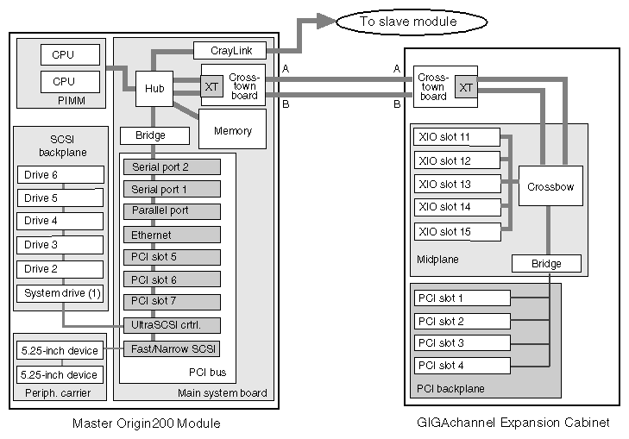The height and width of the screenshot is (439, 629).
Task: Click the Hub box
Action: click(154, 88)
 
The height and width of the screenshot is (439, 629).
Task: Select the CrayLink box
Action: click(229, 51)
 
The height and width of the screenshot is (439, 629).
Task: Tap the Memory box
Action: click(232, 130)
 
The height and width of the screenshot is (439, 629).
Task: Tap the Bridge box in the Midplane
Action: click(546, 263)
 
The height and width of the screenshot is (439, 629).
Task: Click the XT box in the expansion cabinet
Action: click(466, 87)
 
